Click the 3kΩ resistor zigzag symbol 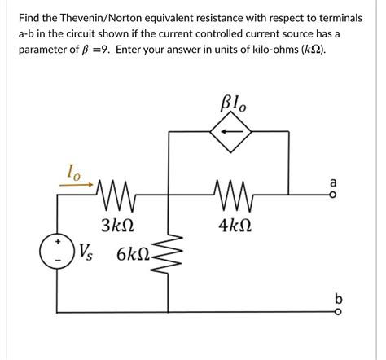click(115, 195)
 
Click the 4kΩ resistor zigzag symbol click(233, 195)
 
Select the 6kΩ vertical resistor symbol click(168, 255)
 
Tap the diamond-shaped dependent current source click(230, 131)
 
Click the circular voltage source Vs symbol click(57, 252)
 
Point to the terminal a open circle click(334, 195)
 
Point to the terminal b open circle click(337, 313)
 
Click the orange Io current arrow click(77, 185)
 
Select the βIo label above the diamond click(234, 103)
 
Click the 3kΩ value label click(117, 226)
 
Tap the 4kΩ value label click(235, 226)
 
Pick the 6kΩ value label click(133, 255)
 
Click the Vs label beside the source click(86, 252)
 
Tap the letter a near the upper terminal click(333, 182)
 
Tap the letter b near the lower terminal click(339, 299)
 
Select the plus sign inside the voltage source click(58, 241)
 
